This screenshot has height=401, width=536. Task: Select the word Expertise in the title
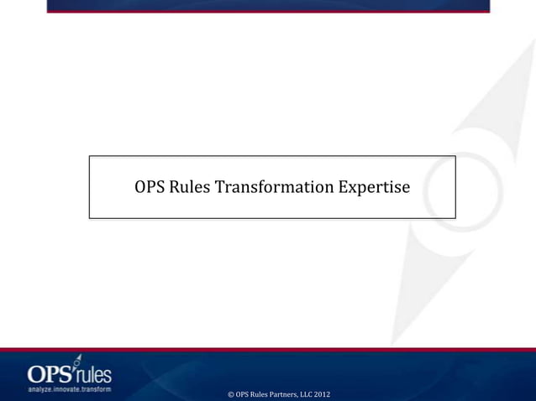[375, 186]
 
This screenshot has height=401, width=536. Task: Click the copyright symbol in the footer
[230, 393]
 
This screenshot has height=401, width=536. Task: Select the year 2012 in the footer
[322, 393]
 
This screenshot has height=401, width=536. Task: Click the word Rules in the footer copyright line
[258, 393]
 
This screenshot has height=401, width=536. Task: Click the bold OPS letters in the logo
[53, 372]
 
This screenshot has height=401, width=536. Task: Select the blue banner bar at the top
[268, 6]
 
